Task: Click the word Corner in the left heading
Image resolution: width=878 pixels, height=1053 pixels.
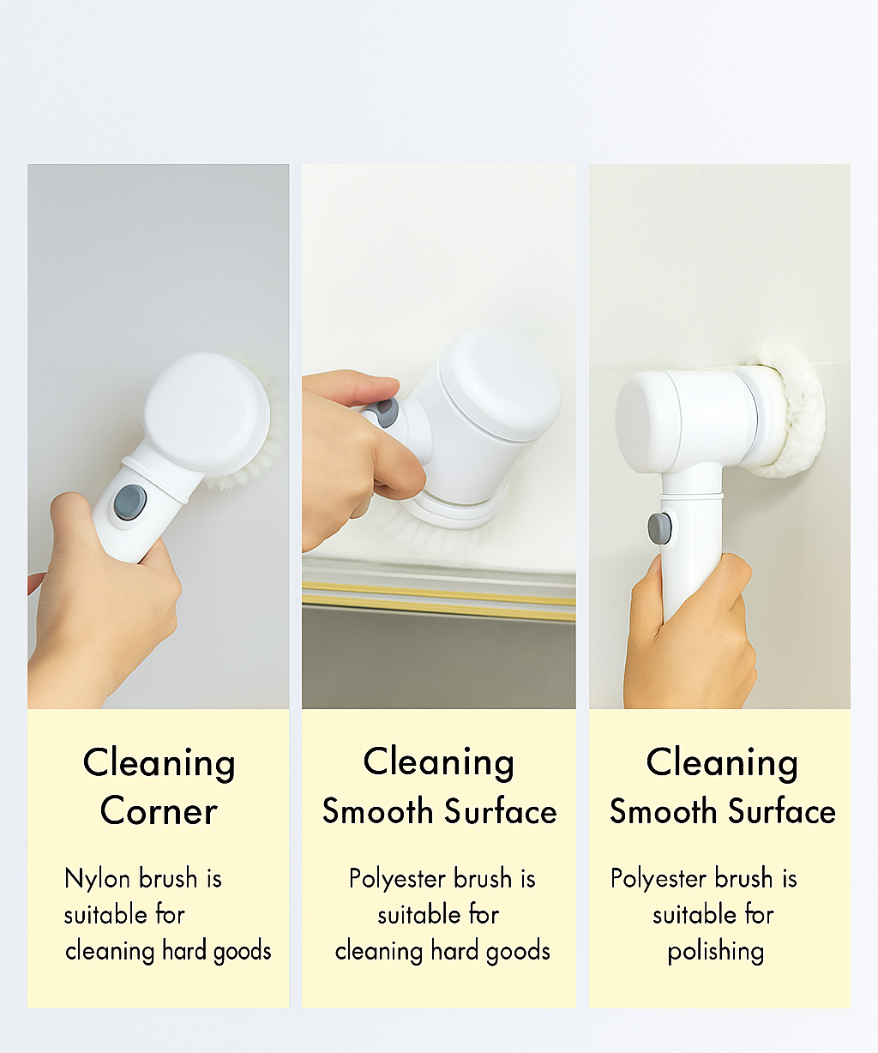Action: pos(159,811)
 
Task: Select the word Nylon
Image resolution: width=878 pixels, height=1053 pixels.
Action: pos(98,879)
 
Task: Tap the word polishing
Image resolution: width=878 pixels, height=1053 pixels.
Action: pos(716,951)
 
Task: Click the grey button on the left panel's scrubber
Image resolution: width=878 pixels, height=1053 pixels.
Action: pos(130,502)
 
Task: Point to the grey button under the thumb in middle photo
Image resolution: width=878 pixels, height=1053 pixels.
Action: pos(386,413)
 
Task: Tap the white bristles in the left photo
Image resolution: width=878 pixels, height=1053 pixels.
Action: pos(257,463)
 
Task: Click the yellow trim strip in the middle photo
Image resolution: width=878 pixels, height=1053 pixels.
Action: pos(438,595)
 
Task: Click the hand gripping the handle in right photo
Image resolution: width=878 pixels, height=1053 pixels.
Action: pos(690,635)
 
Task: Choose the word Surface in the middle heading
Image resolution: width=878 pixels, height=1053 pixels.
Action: pos(506,812)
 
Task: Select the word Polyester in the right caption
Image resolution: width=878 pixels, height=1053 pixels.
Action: pos(659,879)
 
